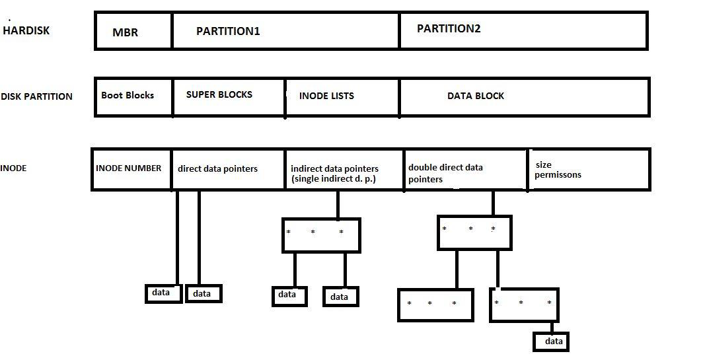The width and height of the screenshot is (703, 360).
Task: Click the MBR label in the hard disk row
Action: click(x=126, y=32)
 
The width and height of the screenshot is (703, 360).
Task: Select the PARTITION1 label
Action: click(x=228, y=31)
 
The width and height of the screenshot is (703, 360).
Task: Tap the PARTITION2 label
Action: click(x=449, y=28)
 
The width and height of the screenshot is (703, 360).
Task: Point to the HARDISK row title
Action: click(x=26, y=30)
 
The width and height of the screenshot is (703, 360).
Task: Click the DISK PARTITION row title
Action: click(x=37, y=96)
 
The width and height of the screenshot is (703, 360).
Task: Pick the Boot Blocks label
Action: click(x=128, y=95)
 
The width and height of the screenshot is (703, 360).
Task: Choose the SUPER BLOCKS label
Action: click(x=219, y=94)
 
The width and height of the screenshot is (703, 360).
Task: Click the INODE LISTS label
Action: click(x=326, y=96)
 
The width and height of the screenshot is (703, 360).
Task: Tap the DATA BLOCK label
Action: click(x=476, y=96)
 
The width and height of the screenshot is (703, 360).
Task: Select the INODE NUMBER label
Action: click(x=128, y=168)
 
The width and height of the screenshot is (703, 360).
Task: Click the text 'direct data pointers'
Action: click(x=217, y=168)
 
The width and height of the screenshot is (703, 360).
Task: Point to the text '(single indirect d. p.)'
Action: click(x=333, y=179)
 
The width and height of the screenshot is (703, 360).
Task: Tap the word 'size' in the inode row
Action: click(x=543, y=164)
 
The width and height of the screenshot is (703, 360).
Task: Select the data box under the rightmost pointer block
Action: click(x=551, y=341)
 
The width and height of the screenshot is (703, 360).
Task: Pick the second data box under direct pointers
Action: click(x=203, y=293)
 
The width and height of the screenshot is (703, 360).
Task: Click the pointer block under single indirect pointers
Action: click(x=321, y=235)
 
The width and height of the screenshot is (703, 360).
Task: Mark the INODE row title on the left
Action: click(x=14, y=168)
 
